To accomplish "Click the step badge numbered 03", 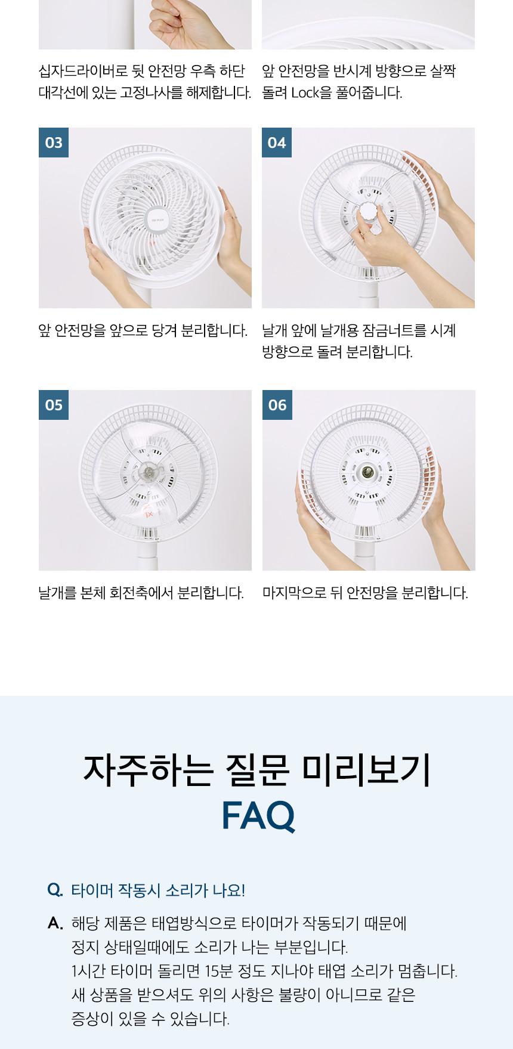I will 54,143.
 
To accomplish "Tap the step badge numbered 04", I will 277,143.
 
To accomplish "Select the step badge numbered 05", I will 54,405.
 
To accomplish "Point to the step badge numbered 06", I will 277,405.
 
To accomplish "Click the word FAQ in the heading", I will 258,815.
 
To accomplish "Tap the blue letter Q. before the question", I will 55,890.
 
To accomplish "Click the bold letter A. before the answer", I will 55,924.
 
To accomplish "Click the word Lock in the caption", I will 305,93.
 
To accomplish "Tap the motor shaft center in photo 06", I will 365,472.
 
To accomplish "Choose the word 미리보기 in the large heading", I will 366,769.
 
